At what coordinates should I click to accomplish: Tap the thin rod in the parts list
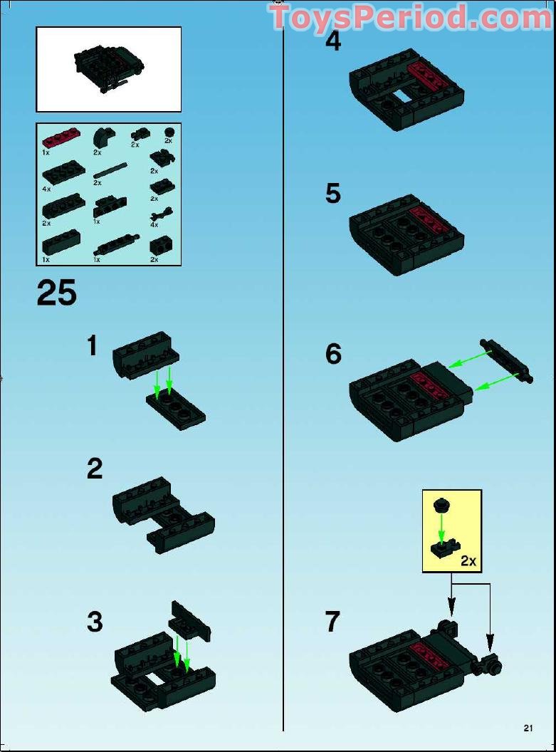coord(111,171)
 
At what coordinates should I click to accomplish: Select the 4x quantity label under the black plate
coord(46,189)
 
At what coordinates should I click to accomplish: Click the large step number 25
coord(56,293)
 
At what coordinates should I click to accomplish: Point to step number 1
coord(93,345)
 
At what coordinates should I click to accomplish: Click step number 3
coord(95,622)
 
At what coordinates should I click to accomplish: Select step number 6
coord(333,354)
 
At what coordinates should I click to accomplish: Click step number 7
coord(332,622)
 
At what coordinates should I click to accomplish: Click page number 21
coord(528,728)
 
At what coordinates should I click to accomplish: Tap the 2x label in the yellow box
coord(468,560)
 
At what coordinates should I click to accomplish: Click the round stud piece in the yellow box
coord(441,505)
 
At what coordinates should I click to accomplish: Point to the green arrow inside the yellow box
coord(441,528)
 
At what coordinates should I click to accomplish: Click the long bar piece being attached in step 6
coord(507,361)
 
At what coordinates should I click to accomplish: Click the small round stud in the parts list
coord(169,132)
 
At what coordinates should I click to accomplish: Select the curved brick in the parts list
coord(102,138)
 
